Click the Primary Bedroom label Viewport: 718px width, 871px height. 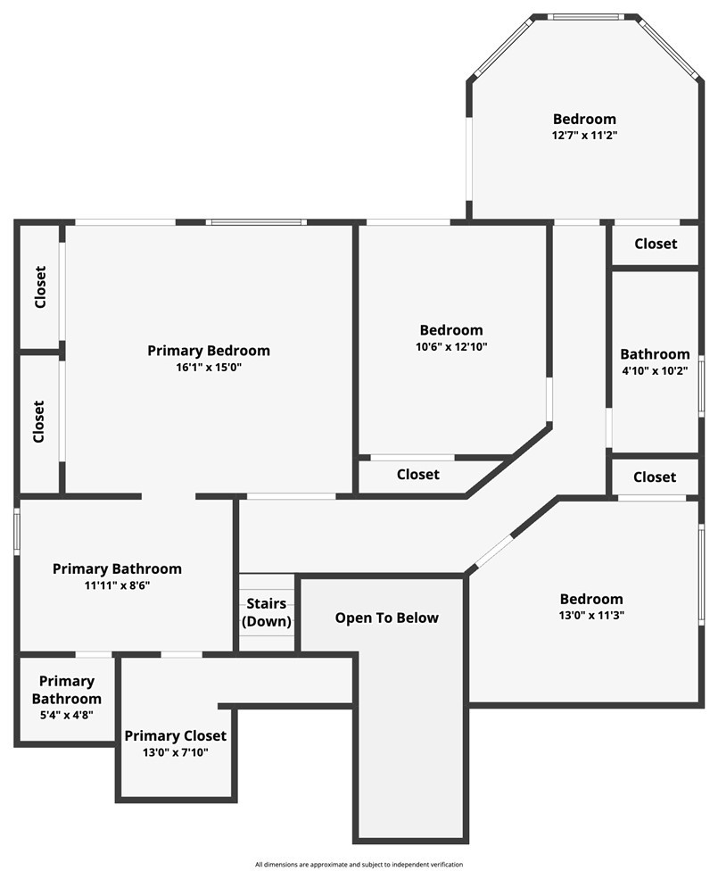(x=208, y=351)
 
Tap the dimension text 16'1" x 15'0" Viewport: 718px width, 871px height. (x=208, y=367)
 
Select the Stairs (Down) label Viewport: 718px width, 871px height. (x=267, y=613)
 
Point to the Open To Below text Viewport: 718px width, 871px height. (x=386, y=618)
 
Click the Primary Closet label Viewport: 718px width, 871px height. (x=175, y=736)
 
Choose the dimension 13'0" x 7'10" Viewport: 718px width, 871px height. (x=175, y=752)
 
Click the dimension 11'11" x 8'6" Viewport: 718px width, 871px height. (x=117, y=585)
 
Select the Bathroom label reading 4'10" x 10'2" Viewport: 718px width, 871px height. (x=655, y=354)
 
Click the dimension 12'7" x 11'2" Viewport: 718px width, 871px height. (x=584, y=135)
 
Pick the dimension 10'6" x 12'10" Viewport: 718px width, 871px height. (x=451, y=346)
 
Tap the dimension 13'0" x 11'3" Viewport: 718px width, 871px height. (x=591, y=615)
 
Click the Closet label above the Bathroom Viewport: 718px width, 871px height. (x=656, y=244)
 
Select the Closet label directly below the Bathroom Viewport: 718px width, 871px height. (x=655, y=477)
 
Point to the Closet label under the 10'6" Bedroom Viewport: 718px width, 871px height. (x=417, y=475)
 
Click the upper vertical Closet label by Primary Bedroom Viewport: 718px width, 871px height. (x=40, y=287)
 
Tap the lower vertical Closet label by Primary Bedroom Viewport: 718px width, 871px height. (x=40, y=421)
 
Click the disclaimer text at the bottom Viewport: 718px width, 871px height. (x=359, y=864)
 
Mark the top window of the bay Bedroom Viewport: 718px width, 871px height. (x=584, y=16)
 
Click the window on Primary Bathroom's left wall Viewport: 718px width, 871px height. (x=16, y=532)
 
